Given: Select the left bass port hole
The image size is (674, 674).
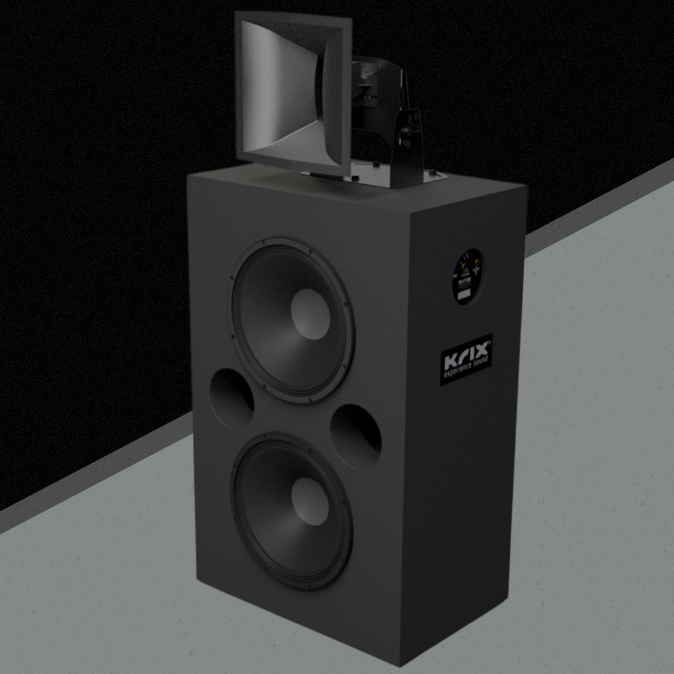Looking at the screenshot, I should [x=232, y=398].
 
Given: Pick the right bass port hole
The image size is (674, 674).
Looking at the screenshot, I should [x=356, y=436].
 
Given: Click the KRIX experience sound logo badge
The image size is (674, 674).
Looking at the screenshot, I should [x=467, y=359].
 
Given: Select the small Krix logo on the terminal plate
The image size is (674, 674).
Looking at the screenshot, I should [x=464, y=282].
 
